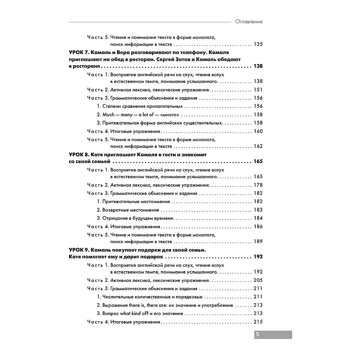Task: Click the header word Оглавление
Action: pos(249,22)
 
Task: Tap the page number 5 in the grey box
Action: pos(257,334)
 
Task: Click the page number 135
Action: pos(258,45)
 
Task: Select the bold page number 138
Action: pos(258,67)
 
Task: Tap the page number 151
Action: pos(258,90)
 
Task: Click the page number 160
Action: pos(258,131)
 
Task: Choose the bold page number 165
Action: pos(258,161)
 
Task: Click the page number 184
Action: pos(258,218)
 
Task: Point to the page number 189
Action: pos(258,242)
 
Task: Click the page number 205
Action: pos(258,280)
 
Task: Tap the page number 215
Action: pos(258,322)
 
